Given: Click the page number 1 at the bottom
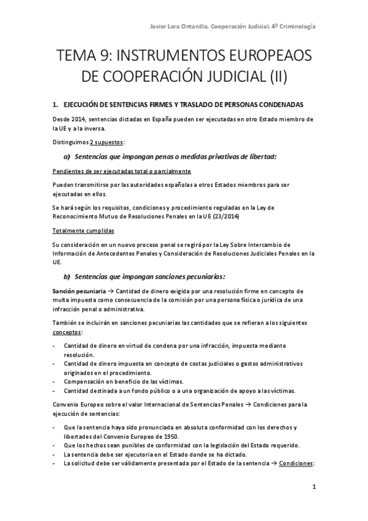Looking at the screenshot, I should coord(314,488).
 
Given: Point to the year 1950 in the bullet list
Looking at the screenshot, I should coord(168,436).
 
